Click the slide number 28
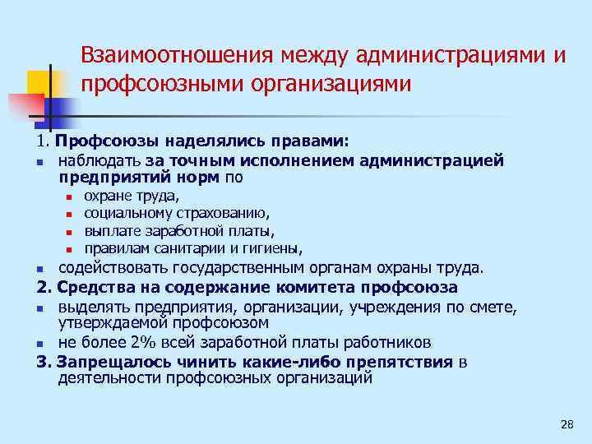pyautogui.click(x=565, y=424)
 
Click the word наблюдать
pyautogui.click(x=99, y=160)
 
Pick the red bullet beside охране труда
pyautogui.click(x=71, y=197)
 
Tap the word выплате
pyautogui.click(x=113, y=230)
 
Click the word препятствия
pyautogui.click(x=402, y=363)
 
